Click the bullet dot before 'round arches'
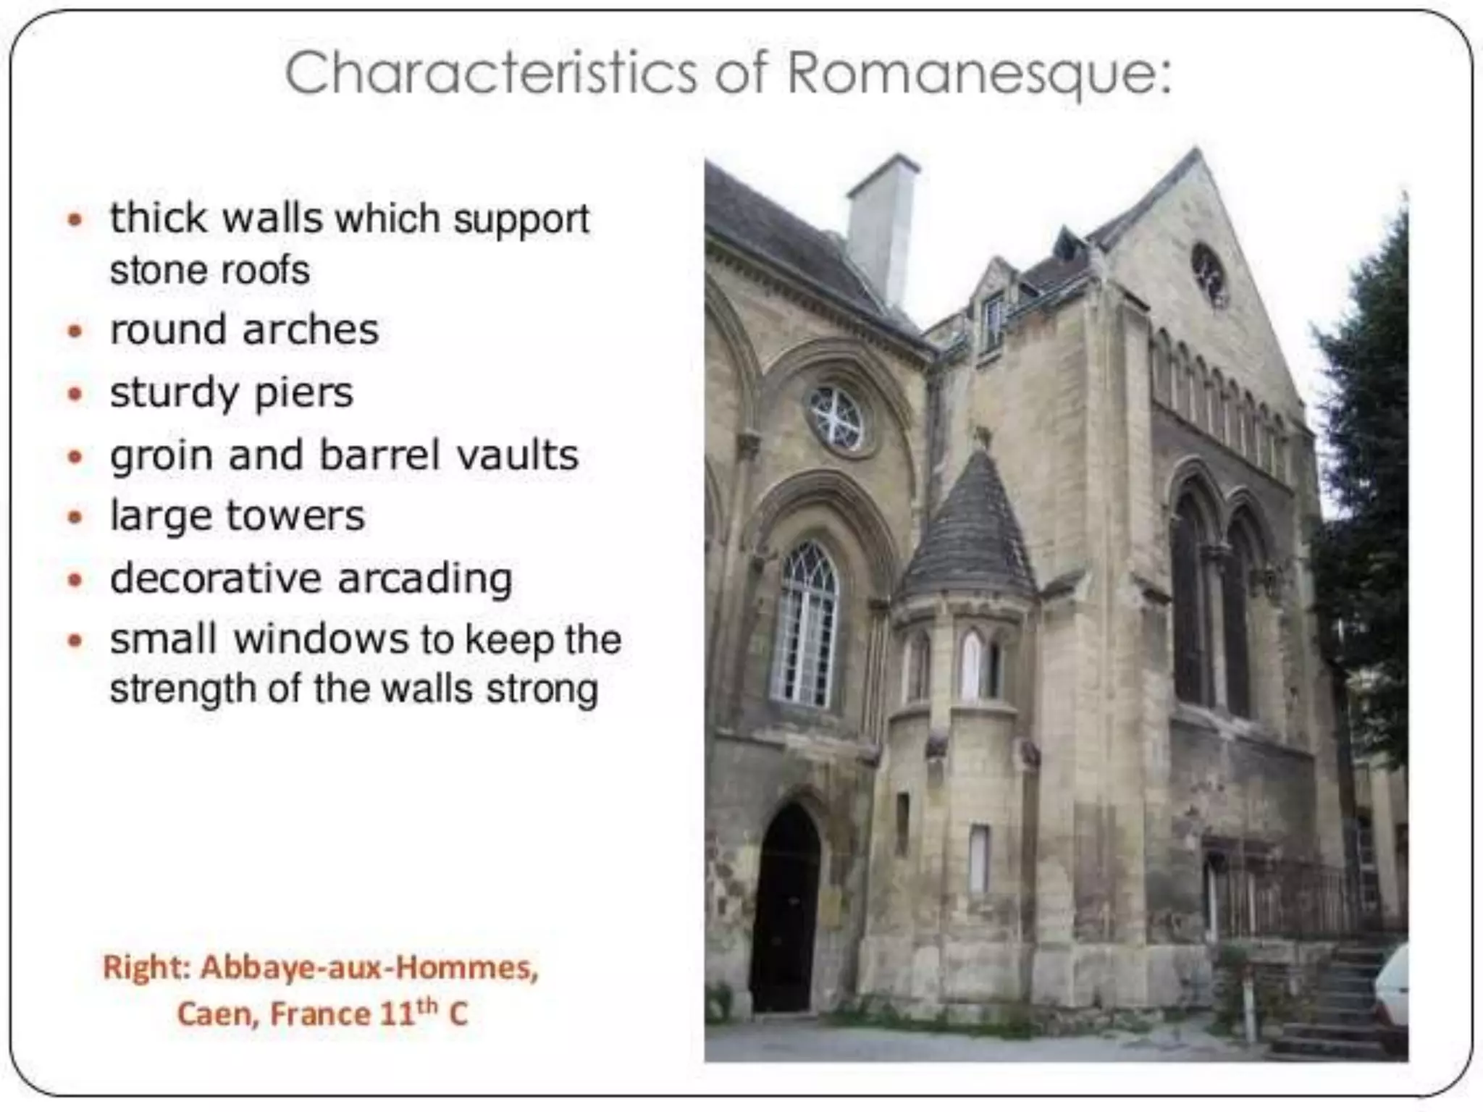pos(75,332)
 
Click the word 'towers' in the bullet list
pos(295,516)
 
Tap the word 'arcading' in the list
pos(425,579)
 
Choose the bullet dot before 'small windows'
pos(75,641)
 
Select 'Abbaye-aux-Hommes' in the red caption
pos(369,967)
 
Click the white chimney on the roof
pos(882,232)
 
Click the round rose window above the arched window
pos(836,418)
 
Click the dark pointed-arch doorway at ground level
pos(786,912)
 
